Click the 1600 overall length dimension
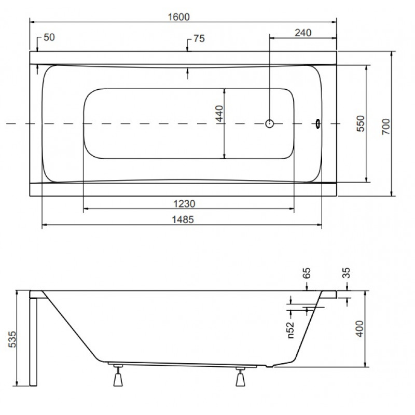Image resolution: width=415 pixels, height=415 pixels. (x=179, y=17)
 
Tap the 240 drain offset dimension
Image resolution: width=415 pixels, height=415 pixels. (x=303, y=33)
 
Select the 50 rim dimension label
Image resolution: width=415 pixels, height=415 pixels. (x=49, y=37)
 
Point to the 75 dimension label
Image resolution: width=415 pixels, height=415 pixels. (x=199, y=38)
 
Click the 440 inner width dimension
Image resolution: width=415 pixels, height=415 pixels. (x=219, y=114)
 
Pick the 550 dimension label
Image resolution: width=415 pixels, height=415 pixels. (x=361, y=123)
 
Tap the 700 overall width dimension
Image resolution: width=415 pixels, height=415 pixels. (x=386, y=127)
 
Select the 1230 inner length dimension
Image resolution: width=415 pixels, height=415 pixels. (x=184, y=204)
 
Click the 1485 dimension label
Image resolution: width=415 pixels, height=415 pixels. (x=183, y=219)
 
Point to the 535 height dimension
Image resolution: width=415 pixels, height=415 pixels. (x=12, y=339)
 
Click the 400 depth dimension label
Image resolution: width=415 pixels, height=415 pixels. (x=359, y=329)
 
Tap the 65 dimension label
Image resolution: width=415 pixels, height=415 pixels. (x=306, y=273)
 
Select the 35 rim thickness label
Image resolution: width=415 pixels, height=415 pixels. (x=346, y=273)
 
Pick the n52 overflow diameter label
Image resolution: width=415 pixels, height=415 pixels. (x=290, y=330)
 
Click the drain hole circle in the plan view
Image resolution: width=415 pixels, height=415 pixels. (x=269, y=123)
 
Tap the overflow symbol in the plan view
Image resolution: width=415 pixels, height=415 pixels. (x=317, y=123)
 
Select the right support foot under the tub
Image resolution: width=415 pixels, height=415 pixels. (x=240, y=377)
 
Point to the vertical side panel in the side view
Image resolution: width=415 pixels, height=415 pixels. (x=33, y=341)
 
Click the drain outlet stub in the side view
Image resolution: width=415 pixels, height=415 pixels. (x=269, y=366)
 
